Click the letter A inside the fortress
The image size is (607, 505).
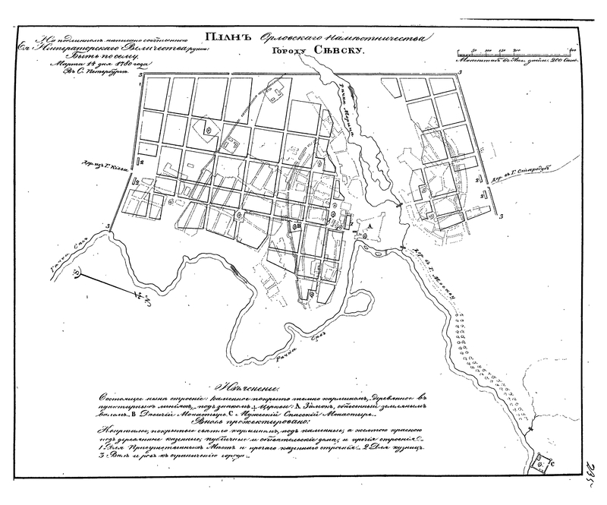point(370,226)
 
